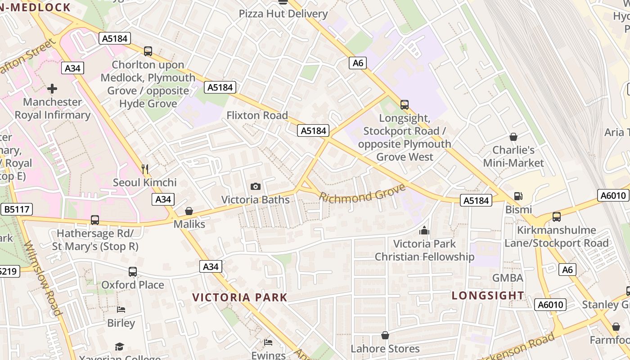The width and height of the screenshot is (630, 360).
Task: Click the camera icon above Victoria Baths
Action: point(255,186)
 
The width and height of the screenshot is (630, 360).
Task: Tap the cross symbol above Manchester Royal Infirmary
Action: point(52,89)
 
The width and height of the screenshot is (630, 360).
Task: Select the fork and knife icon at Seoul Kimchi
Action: point(145,169)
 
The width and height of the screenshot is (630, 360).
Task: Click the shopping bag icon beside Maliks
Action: point(189,211)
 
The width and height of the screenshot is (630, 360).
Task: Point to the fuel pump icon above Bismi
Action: point(518,196)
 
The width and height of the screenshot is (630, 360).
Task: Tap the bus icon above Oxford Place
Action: point(132,272)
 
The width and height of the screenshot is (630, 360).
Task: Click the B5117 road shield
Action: point(17,209)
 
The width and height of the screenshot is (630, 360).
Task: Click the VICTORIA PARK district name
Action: point(240,297)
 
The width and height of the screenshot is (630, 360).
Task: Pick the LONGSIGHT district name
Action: point(488,296)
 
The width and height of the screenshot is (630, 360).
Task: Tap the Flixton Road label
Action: point(257,115)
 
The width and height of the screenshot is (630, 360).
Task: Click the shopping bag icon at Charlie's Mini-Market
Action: point(513,137)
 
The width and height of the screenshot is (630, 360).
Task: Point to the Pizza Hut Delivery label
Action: point(283,13)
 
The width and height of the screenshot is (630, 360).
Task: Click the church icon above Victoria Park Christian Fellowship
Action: point(424,231)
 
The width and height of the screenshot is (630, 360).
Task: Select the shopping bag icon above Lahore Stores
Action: point(385,335)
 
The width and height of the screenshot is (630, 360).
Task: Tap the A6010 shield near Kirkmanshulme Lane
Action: point(614,195)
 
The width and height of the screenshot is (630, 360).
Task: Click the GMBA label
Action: point(508,278)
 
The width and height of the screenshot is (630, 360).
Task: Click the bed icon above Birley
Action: point(121,310)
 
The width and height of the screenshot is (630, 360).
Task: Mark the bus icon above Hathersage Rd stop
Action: point(94,220)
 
